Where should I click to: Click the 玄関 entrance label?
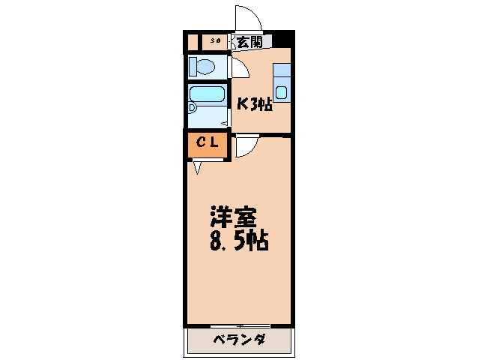pyautogui.click(x=250, y=42)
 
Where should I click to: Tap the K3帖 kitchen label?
pyautogui.click(x=254, y=104)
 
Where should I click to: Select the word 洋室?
pyautogui.click(x=233, y=217)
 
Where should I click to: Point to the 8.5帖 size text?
pyautogui.click(x=237, y=241)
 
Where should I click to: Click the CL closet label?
pyautogui.click(x=208, y=142)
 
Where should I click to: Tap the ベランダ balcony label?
pyautogui.click(x=238, y=340)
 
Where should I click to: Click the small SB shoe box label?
pyautogui.click(x=215, y=41)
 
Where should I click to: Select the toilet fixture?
pyautogui.click(x=205, y=66)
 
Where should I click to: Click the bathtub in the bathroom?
pyautogui.click(x=208, y=95)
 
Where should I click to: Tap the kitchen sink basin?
pyautogui.click(x=281, y=93)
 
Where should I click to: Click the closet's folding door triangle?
pyautogui.click(x=196, y=167)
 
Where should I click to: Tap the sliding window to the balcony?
pyautogui.click(x=240, y=325)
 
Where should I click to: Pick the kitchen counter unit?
pyautogui.click(x=282, y=82)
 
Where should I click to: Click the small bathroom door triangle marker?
pyautogui.click(x=224, y=121)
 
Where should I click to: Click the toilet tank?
pyautogui.click(x=192, y=65)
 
